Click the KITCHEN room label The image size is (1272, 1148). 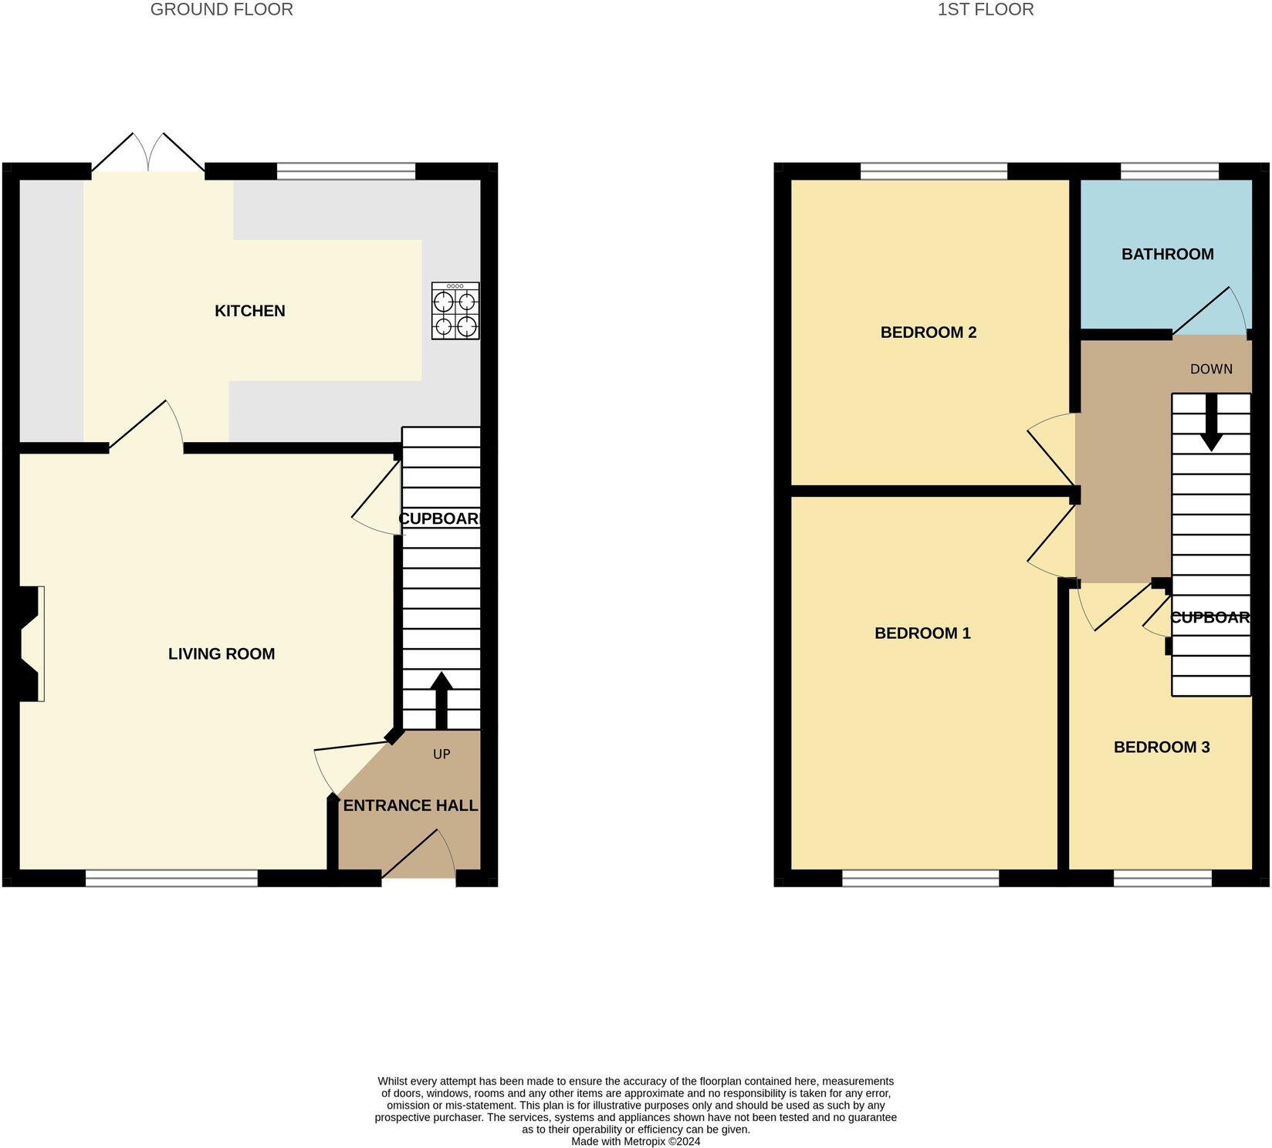pos(249,311)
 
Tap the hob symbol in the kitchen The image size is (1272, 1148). pos(455,311)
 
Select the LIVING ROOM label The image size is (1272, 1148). pos(222,654)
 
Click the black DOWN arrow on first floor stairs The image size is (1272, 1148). pos(1211,423)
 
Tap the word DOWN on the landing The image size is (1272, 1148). pos(1211,370)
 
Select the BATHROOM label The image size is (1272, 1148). pos(1167,255)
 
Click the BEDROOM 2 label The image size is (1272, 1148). pos(929,333)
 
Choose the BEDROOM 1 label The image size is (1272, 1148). pos(922,633)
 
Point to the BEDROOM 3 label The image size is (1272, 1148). pos(1162,748)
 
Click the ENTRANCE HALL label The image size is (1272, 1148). pos(410,806)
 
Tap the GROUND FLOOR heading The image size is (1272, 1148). pos(222,10)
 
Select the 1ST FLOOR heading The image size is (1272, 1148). pos(986,10)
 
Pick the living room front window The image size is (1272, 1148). pos(171,878)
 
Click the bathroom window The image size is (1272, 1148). pos(1169,171)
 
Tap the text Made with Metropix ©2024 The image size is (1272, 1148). pos(635,1141)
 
